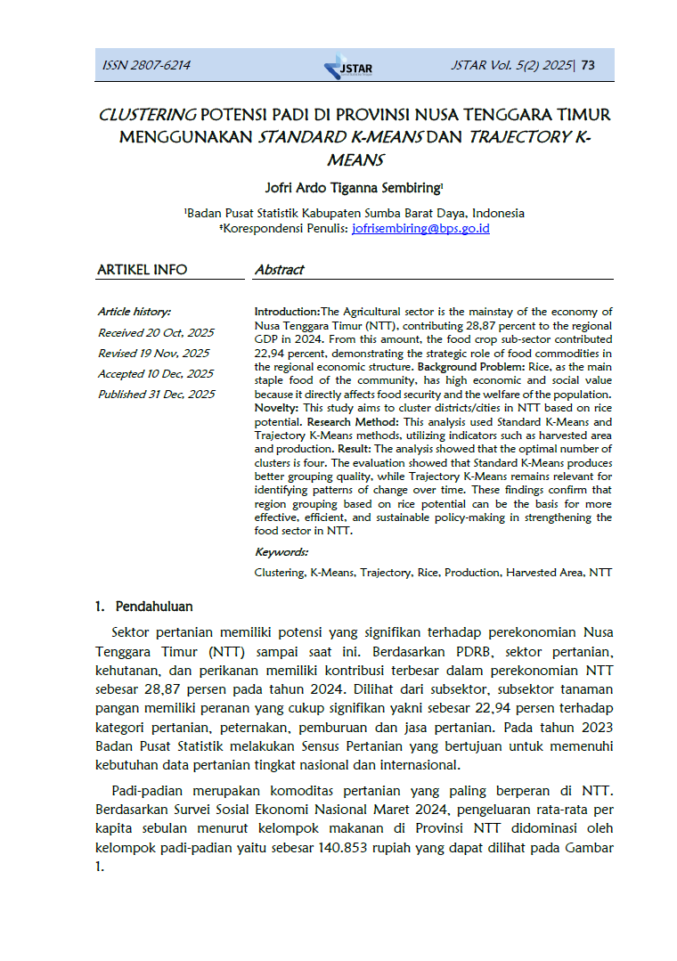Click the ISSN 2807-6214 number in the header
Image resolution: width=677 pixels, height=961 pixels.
tap(147, 65)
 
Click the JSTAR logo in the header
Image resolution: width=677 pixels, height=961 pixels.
tap(348, 67)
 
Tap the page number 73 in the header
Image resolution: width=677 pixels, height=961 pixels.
tap(588, 65)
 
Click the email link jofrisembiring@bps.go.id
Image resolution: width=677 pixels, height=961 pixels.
tap(420, 228)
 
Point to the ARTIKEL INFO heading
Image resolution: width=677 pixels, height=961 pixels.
tap(142, 269)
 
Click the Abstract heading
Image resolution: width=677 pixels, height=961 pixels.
tap(279, 269)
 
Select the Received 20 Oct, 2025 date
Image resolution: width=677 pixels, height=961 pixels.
tap(156, 332)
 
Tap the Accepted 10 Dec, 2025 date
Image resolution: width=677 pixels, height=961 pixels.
tap(156, 373)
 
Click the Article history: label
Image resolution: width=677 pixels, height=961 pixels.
tap(135, 312)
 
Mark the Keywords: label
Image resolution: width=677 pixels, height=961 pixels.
tap(281, 552)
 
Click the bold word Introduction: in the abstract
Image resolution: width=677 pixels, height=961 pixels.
tap(287, 312)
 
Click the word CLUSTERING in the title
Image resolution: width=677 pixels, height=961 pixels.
tap(147, 116)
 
